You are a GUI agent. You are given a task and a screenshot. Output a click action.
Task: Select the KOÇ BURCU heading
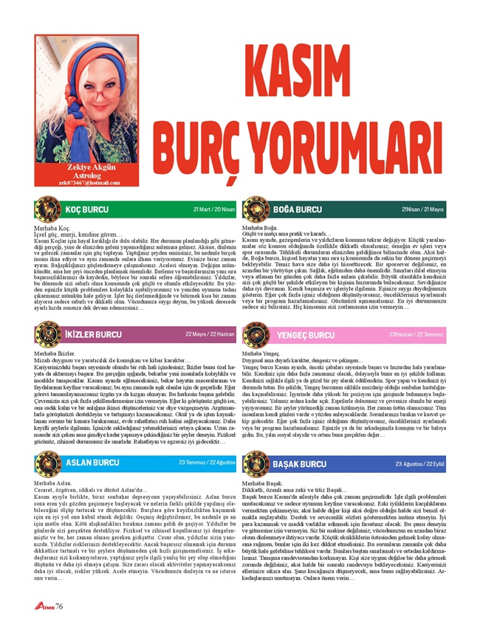tap(86, 210)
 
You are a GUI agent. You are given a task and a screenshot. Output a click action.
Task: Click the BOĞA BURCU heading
tap(297, 210)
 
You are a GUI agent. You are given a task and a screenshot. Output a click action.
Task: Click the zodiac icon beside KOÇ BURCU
tap(48, 210)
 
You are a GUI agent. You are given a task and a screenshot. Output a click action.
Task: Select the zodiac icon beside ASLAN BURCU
tap(48, 463)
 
